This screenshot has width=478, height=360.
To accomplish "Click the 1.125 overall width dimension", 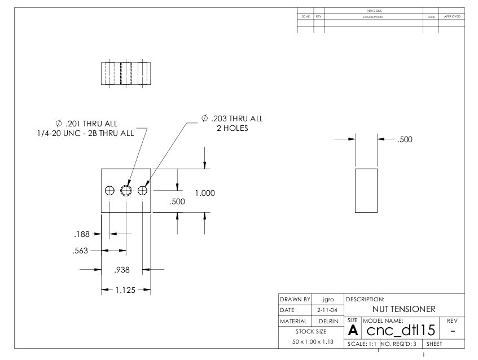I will tap(126, 290).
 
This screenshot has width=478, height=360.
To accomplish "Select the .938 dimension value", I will tap(122, 270).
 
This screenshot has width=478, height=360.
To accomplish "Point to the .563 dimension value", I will tap(80, 251).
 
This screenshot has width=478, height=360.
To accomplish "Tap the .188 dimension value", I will tap(82, 234).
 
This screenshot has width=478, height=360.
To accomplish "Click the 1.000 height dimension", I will tap(205, 193).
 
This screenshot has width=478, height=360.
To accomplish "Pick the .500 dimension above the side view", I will tap(405, 140).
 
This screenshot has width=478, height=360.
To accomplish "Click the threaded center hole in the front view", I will tap(126, 190).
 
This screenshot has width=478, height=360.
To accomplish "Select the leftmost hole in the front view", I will tap(109, 190).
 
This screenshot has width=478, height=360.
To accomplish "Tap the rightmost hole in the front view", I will tap(142, 190).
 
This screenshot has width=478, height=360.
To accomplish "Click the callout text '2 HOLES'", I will tap(233, 129).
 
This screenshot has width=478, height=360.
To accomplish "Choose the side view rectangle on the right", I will tap(366, 190).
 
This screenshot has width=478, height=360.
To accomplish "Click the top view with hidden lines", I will tap(126, 73).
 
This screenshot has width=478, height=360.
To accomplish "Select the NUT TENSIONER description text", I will tap(404, 309).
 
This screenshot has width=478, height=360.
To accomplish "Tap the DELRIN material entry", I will tap(328, 321).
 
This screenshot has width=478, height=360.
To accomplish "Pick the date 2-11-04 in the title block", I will tap(327, 310).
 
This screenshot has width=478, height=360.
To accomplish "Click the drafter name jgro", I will tap(327, 300).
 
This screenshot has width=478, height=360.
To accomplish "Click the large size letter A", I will tap(353, 330).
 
